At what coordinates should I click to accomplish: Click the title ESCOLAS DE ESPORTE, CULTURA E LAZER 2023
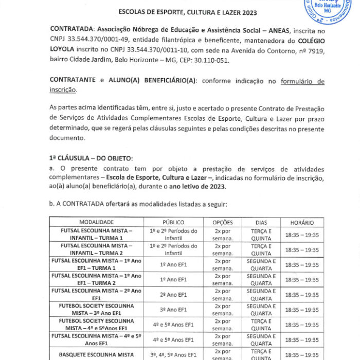tap(188, 12)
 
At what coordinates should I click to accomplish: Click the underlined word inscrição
tap(63, 90)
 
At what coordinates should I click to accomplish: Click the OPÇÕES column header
tap(223, 222)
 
